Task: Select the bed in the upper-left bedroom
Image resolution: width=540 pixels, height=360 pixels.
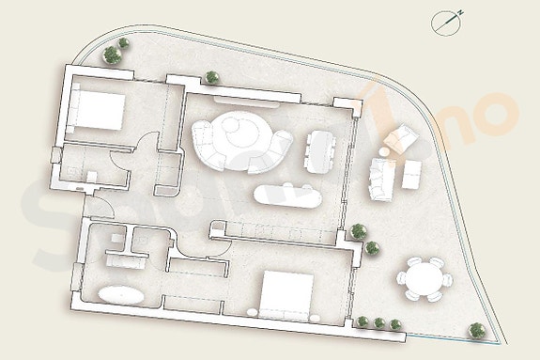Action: pos(96,114)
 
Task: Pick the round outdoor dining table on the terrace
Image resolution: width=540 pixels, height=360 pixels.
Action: pos(423,278)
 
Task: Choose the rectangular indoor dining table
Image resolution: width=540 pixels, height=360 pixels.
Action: pos(318,149)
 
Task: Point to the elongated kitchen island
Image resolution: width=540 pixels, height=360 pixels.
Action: pos(287,196)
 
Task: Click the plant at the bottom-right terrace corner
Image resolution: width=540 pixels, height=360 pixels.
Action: pos(477,330)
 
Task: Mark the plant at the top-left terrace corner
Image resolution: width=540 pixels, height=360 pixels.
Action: pos(115,54)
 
